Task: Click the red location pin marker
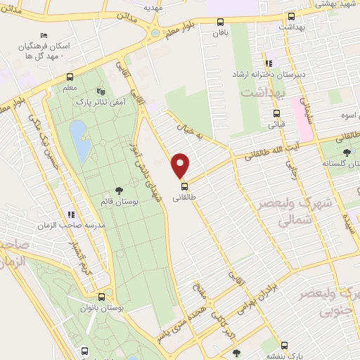tap(181, 165)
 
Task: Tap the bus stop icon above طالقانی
tap(184, 186)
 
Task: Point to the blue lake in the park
tap(79, 139)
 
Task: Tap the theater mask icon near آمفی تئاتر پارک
tap(99, 91)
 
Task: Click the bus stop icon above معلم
tap(70, 77)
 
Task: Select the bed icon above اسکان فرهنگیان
tap(45, 36)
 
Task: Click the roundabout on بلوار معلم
tap(155, 32)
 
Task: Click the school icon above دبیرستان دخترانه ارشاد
tap(269, 63)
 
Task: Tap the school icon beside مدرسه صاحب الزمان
tap(70, 214)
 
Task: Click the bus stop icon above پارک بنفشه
tap(285, 345)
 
